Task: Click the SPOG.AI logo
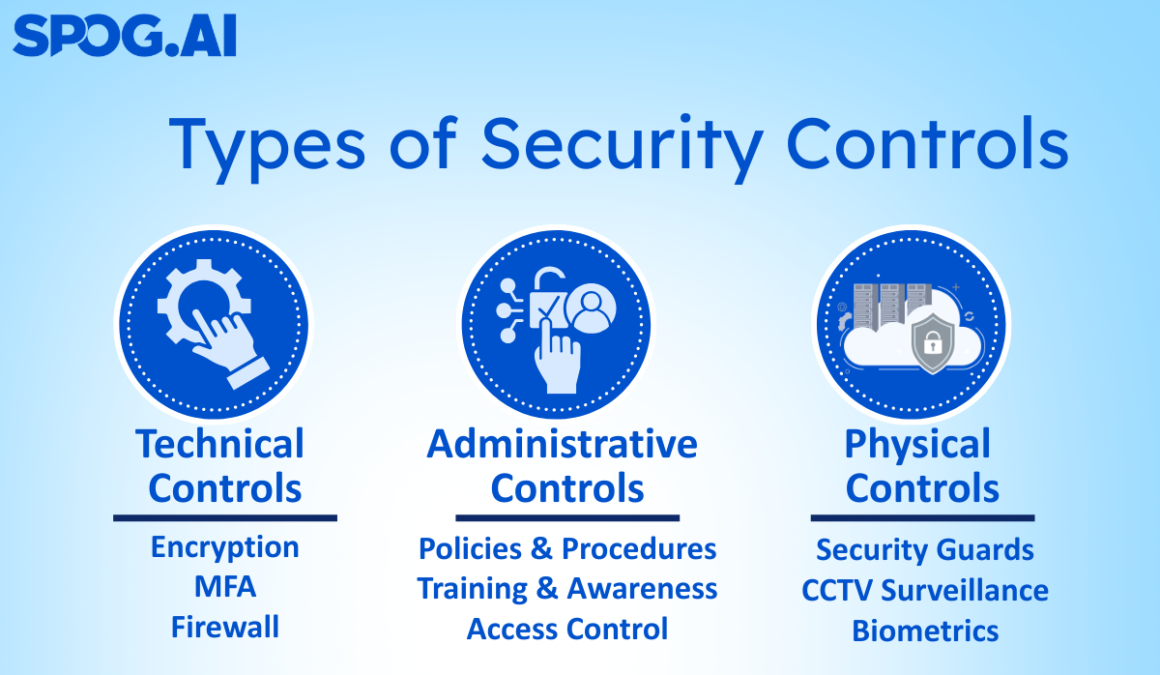coord(124,37)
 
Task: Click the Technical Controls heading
coord(222,466)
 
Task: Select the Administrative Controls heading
coord(564,466)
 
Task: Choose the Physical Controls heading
coord(920,466)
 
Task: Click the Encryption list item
coord(224,547)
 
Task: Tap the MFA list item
coord(224,587)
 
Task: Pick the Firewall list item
coord(224,628)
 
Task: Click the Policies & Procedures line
coord(567,549)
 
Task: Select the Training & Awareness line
coord(567,589)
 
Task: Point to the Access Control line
coord(567,630)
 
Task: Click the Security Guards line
coord(925,550)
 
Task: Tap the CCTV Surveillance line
coord(925,590)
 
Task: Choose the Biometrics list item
coord(925,631)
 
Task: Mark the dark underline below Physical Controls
coord(922,518)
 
